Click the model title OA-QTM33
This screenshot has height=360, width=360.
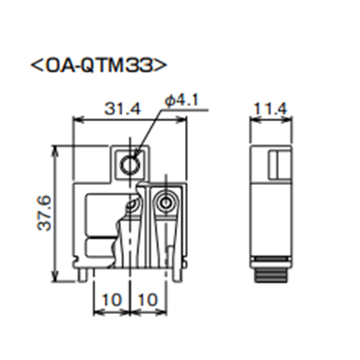[100, 66]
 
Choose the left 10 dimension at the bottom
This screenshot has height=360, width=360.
[111, 297]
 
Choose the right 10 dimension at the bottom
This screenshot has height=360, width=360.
[148, 297]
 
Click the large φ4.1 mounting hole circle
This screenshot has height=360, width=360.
[130, 165]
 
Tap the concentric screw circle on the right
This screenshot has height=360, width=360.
[166, 204]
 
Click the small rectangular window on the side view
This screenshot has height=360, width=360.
[277, 165]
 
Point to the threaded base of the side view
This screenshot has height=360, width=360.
[270, 275]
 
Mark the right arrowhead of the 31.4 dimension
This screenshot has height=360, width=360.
[184, 119]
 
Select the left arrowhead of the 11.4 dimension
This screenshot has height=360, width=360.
[253, 119]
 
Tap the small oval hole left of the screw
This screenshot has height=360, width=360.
[131, 208]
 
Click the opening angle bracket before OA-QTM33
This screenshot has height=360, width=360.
[36, 66]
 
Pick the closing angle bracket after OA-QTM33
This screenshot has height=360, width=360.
[163, 66]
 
